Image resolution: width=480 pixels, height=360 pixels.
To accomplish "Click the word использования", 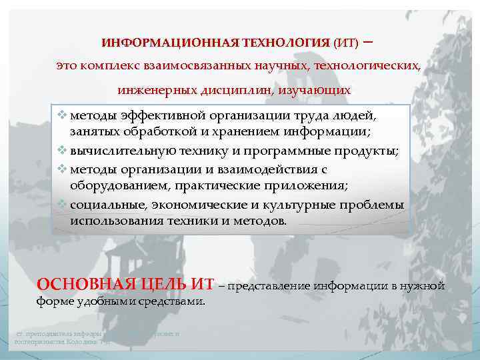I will [116, 220].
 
